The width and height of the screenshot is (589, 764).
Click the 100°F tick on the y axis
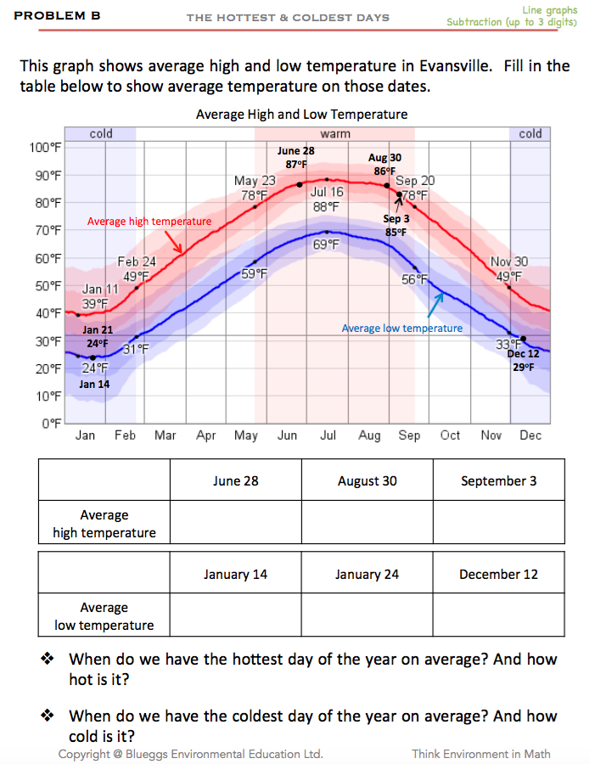tap(46, 148)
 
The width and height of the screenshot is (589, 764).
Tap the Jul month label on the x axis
tap(328, 435)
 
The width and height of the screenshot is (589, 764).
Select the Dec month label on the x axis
tap(530, 435)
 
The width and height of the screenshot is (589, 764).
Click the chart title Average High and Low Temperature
tap(301, 114)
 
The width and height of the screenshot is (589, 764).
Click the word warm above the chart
tap(334, 134)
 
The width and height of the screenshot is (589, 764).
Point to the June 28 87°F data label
tap(296, 157)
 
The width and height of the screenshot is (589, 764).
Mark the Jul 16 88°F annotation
tap(327, 199)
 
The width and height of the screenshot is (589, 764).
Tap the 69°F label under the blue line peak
tap(326, 244)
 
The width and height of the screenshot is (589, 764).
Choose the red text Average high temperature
tap(149, 222)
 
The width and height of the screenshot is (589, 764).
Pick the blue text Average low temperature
tap(402, 328)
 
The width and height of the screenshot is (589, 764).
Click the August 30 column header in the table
tap(367, 480)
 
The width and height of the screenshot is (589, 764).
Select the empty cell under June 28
tap(235, 523)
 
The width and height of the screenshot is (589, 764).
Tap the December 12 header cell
tap(498, 574)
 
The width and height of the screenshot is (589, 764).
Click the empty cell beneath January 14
tap(235, 616)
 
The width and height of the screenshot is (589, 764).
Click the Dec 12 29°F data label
tap(522, 361)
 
